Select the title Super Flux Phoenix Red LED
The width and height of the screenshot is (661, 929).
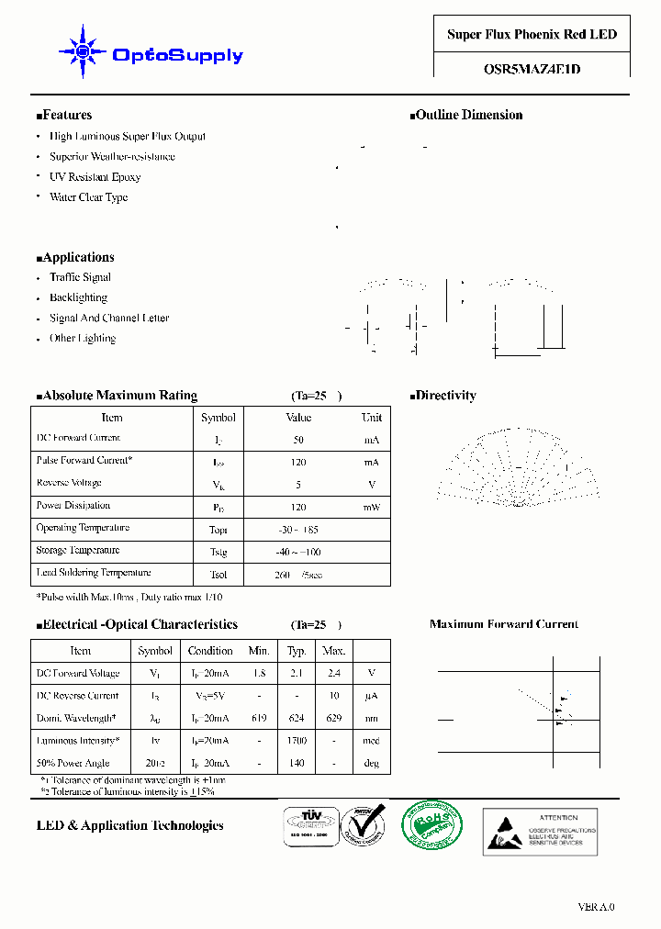[532, 35]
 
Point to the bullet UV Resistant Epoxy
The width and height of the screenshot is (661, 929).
[95, 177]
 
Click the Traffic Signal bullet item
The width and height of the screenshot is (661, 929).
[80, 277]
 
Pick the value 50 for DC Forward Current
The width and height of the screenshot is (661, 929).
[298, 441]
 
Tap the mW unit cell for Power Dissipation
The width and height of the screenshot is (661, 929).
[372, 508]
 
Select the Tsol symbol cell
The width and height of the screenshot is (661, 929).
[218, 575]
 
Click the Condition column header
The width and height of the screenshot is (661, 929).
[210, 651]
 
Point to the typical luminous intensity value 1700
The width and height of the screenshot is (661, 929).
[297, 740]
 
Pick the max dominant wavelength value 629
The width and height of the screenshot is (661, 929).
[333, 718]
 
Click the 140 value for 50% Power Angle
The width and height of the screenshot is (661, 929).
[297, 763]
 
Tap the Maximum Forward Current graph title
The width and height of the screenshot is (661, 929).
[504, 624]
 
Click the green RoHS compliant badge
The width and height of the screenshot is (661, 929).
[433, 825]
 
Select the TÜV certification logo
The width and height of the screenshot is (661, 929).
[306, 826]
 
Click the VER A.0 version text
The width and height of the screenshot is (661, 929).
[596, 907]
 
